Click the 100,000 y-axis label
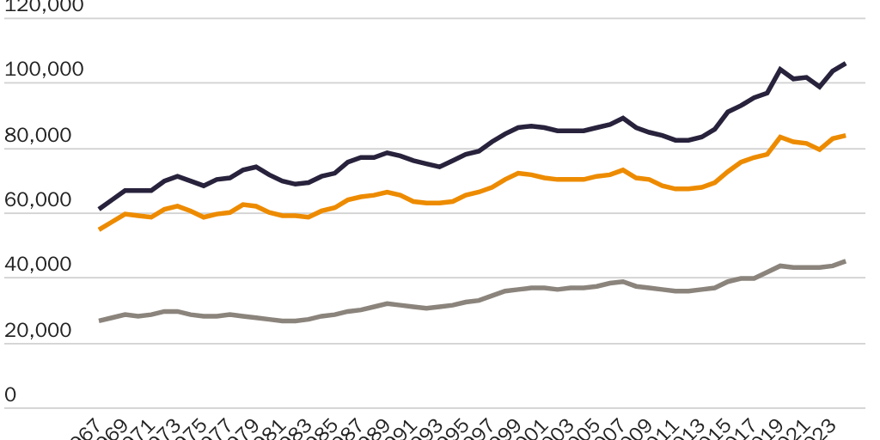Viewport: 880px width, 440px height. (x=44, y=70)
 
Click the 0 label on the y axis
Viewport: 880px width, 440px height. (x=10, y=395)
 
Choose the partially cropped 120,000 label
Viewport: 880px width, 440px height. (x=44, y=5)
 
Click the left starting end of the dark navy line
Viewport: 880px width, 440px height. (x=100, y=209)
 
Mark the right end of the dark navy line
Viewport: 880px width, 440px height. (x=846, y=63)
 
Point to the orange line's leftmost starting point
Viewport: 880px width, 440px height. (x=100, y=229)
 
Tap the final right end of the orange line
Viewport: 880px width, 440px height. (x=846, y=135)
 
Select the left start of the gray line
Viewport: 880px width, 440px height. (x=100, y=321)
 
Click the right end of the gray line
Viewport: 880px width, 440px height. (x=846, y=260)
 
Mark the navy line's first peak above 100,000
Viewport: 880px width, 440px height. (x=780, y=69)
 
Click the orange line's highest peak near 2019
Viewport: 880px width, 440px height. (x=780, y=137)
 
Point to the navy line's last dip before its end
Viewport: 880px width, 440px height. (x=820, y=87)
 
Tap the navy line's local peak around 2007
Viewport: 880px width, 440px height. (x=623, y=118)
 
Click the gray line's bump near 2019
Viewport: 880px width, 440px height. (x=780, y=266)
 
